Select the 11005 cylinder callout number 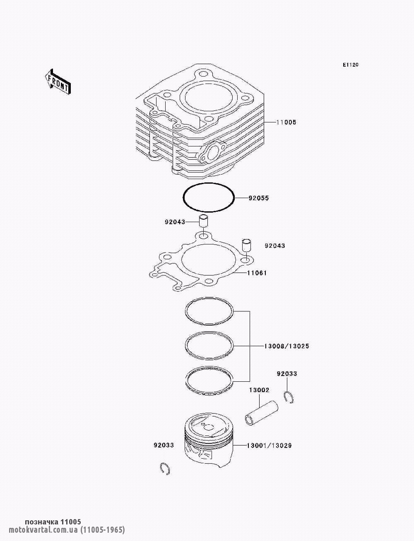click(286, 122)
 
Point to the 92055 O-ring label click(259, 198)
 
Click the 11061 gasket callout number click(257, 273)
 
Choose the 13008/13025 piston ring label click(286, 346)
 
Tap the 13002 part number click(259, 390)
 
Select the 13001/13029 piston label click(269, 446)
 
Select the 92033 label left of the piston click(164, 445)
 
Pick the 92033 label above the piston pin click(287, 374)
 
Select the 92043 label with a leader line click(175, 222)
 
